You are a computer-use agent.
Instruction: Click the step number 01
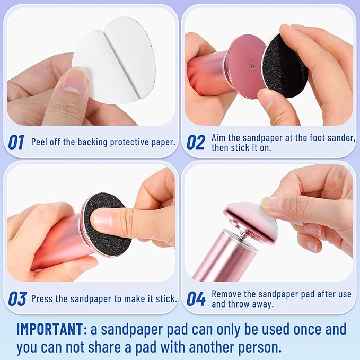click(x=16, y=142)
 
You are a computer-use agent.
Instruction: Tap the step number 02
click(x=196, y=142)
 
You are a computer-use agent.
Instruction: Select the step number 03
click(x=17, y=298)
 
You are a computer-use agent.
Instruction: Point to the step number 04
click(x=196, y=298)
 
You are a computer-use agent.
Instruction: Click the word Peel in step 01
click(x=41, y=142)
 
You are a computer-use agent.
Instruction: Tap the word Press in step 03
click(x=43, y=298)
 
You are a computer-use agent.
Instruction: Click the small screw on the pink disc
click(x=251, y=67)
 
